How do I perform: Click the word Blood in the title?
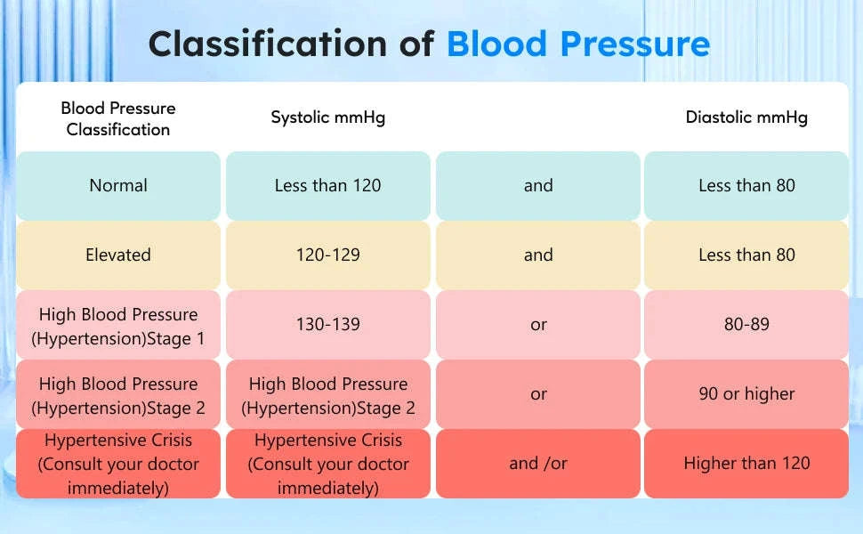[x=496, y=43]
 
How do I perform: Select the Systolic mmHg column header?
[x=328, y=117]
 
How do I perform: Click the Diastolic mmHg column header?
[x=746, y=117]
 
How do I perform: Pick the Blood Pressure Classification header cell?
[x=118, y=118]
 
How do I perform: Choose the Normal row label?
[x=118, y=185]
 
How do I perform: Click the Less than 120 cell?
[x=328, y=185]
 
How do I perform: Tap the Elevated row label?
[x=118, y=255]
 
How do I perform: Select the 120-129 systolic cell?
[x=328, y=255]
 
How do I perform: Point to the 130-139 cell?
[x=328, y=324]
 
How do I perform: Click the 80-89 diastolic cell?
[x=746, y=324]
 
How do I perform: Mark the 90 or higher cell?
[x=746, y=393]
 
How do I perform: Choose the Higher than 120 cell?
[x=746, y=463]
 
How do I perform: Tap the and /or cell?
[x=538, y=463]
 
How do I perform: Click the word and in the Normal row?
[x=538, y=185]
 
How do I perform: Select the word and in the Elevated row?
[x=538, y=255]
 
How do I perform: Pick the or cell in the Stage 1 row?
[x=538, y=324]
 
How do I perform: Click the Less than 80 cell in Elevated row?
[x=746, y=255]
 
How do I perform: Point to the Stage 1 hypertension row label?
[x=118, y=326]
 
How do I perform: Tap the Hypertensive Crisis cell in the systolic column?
[x=328, y=464]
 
